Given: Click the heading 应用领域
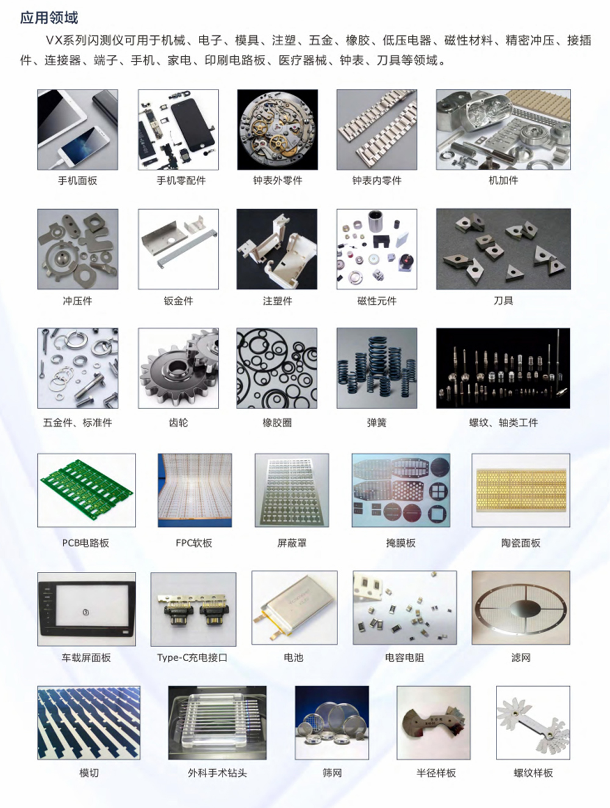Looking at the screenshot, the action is pyautogui.click(x=49, y=18).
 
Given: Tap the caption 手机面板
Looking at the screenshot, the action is pyautogui.click(x=77, y=181).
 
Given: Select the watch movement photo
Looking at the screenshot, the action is pyautogui.click(x=277, y=129).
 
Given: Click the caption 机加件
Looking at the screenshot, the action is pyautogui.click(x=503, y=181).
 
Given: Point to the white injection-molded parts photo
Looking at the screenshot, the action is pyautogui.click(x=277, y=249).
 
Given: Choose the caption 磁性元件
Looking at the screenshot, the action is pyautogui.click(x=376, y=301).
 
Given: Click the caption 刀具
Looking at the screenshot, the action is pyautogui.click(x=503, y=301).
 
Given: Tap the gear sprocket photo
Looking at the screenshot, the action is pyautogui.click(x=178, y=368).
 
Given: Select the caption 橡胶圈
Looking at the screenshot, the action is pyautogui.click(x=277, y=422).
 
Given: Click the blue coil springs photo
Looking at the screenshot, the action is pyautogui.click(x=376, y=368).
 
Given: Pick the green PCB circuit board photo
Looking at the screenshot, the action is pyautogui.click(x=87, y=490).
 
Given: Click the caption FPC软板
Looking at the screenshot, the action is pyautogui.click(x=193, y=543).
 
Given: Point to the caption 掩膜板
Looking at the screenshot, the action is pyautogui.click(x=401, y=543).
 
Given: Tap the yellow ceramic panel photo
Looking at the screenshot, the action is pyautogui.click(x=520, y=490).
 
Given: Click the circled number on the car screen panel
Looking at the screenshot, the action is pyautogui.click(x=86, y=612).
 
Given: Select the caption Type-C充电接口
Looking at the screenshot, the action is pyautogui.click(x=192, y=657).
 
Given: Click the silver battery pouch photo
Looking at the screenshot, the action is pyautogui.click(x=294, y=608).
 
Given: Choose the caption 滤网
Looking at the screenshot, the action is pyautogui.click(x=520, y=657).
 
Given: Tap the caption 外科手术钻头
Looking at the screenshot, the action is pyautogui.click(x=217, y=773).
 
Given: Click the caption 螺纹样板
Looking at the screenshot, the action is pyautogui.click(x=533, y=773).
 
